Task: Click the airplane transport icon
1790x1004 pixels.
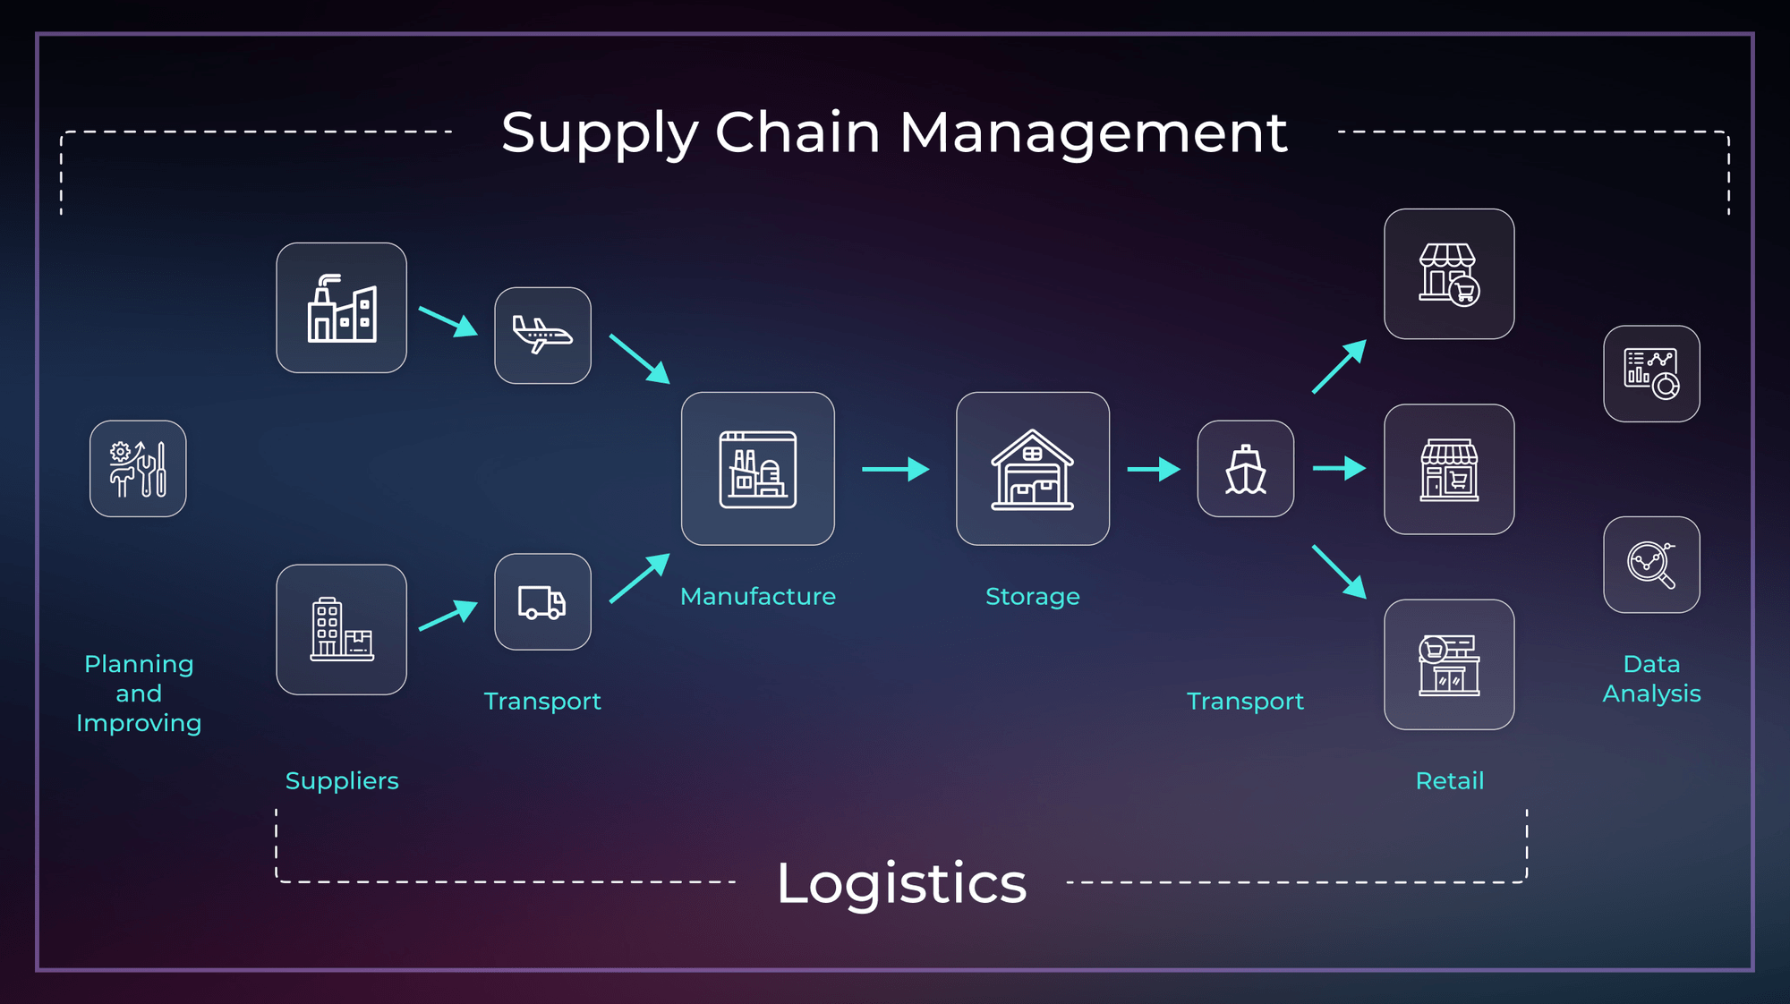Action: coord(542,336)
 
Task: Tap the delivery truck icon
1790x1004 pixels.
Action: coord(542,602)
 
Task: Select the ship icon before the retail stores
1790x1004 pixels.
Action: coord(1245,469)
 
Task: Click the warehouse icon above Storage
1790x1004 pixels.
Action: coord(1032,469)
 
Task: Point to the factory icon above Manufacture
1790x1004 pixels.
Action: coord(757,469)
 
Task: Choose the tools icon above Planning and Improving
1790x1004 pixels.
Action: coord(138,469)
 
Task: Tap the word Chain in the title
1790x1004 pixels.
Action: coord(797,132)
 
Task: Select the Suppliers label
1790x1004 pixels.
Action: coord(342,781)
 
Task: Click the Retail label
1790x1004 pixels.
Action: coord(1449,781)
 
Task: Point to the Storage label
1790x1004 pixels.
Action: coord(1032,597)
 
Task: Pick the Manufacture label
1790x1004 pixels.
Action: coord(757,597)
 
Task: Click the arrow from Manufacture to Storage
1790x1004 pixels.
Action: coord(895,469)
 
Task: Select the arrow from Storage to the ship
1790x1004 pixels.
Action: coord(1154,469)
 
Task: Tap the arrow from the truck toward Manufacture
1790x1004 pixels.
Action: coord(639,578)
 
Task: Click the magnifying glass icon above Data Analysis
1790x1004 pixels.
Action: coord(1651,565)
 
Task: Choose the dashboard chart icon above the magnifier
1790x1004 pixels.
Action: coord(1651,374)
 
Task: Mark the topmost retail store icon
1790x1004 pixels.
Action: coord(1449,274)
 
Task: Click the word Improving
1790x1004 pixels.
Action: coord(139,723)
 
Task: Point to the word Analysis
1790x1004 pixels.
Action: coord(1651,693)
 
